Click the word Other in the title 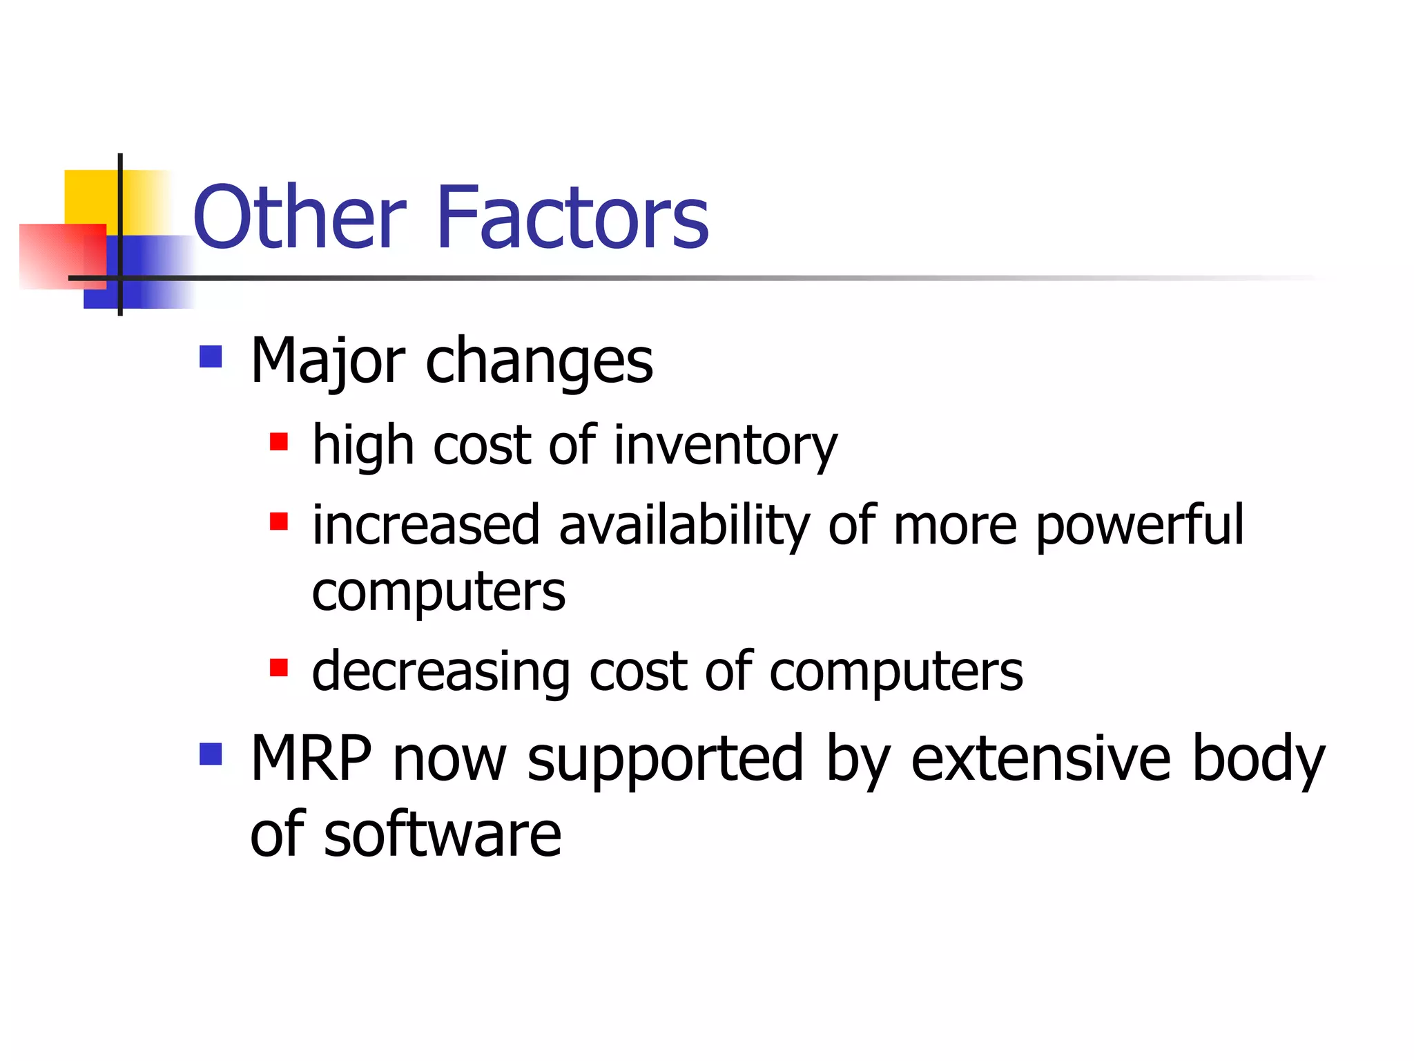click(300, 218)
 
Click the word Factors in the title click(572, 218)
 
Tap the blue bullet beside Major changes click(211, 356)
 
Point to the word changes click(539, 363)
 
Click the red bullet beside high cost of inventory click(279, 441)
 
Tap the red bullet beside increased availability click(279, 521)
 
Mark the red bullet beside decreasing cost click(279, 667)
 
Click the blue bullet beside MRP click(211, 754)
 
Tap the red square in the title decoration click(52, 256)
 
